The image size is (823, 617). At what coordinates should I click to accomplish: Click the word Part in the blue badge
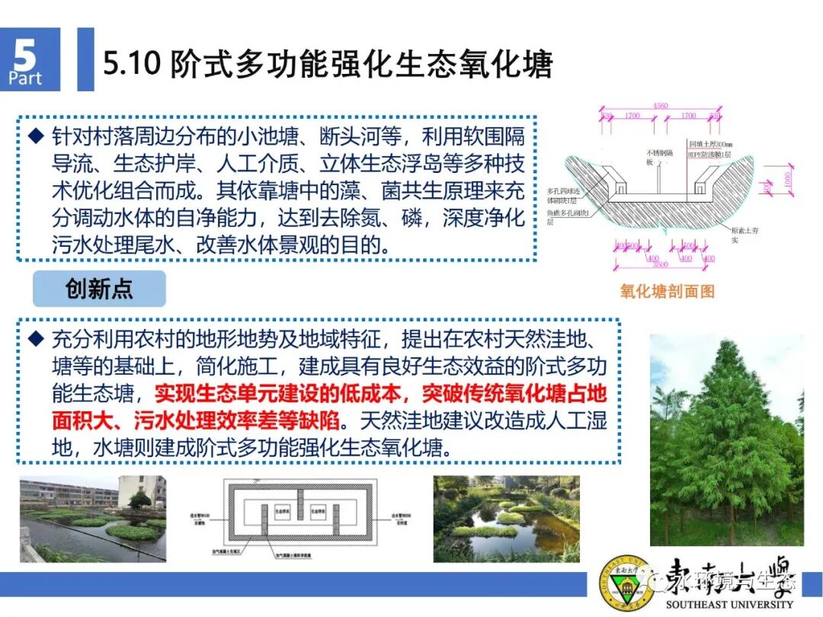click(25, 78)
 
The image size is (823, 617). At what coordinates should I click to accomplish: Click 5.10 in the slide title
click(132, 64)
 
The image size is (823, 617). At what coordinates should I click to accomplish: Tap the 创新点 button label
click(99, 289)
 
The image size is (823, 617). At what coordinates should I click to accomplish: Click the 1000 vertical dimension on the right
click(787, 179)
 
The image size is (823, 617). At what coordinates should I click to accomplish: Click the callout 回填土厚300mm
click(712, 144)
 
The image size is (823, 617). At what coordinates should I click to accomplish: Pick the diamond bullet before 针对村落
click(34, 137)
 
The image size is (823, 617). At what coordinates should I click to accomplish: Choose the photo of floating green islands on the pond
click(506, 518)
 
